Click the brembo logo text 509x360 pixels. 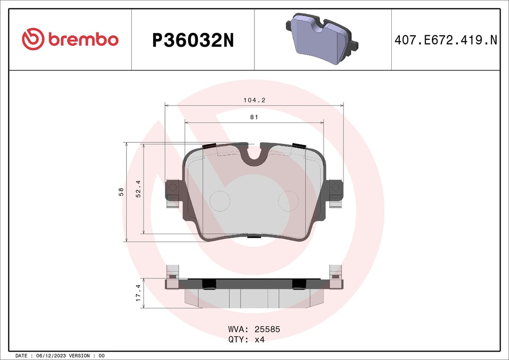[83, 40]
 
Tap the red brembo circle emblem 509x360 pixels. [33, 40]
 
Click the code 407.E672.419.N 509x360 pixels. [445, 40]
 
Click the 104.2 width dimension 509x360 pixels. [254, 100]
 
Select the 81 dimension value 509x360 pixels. [254, 117]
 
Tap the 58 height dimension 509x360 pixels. [121, 192]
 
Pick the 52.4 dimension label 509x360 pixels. [139, 189]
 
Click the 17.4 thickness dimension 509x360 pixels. [139, 293]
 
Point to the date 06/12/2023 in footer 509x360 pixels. [52, 356]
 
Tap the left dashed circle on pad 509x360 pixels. [220, 201]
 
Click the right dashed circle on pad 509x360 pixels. [288, 201]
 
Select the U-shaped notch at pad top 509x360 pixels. [254, 154]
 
